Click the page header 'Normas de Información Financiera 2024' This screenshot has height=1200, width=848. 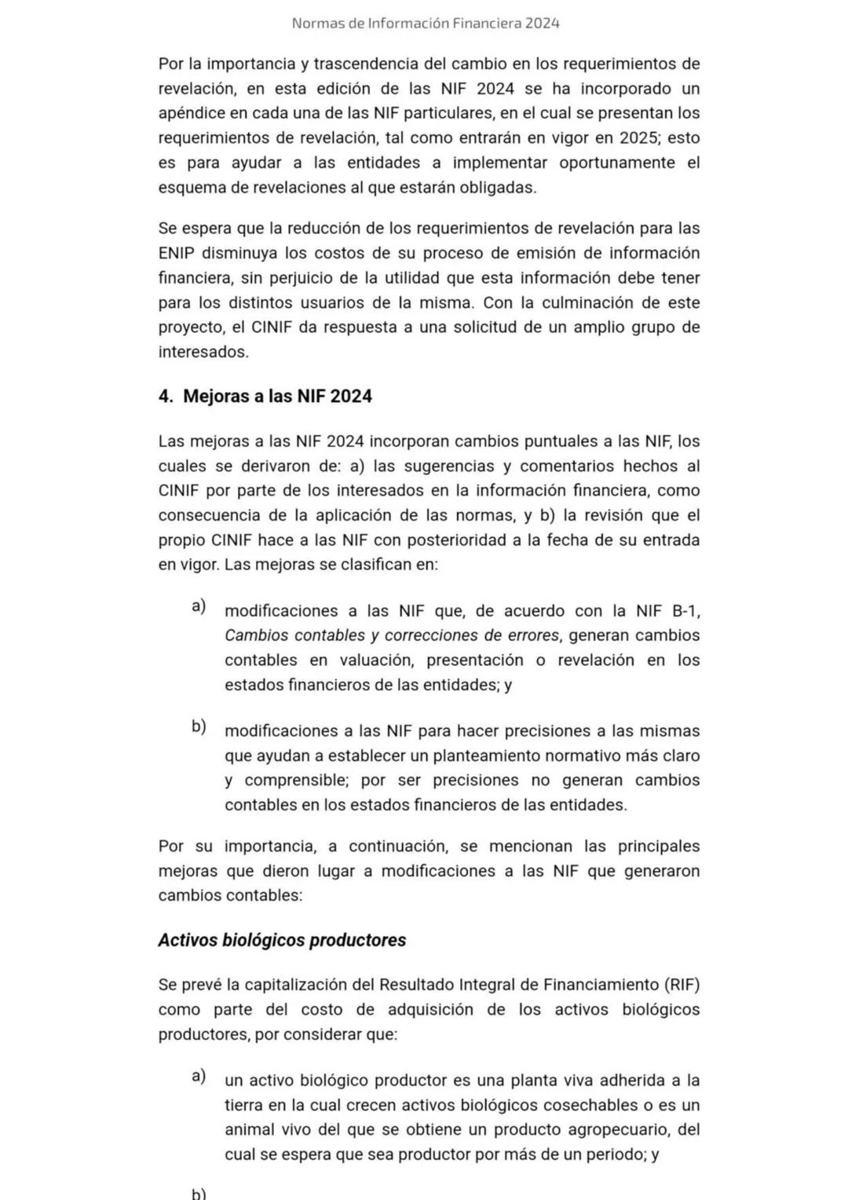pyautogui.click(x=425, y=23)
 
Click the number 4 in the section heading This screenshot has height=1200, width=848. pyautogui.click(x=164, y=396)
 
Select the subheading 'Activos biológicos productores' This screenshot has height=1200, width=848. pyautogui.click(x=282, y=940)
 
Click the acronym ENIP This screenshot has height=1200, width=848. pyautogui.click(x=177, y=253)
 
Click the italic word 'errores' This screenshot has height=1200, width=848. pyautogui.click(x=532, y=635)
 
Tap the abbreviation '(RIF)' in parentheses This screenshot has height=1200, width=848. pyautogui.click(x=681, y=985)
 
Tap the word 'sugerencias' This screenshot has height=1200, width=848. pyautogui.click(x=433, y=466)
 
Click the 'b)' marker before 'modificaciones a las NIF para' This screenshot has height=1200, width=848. pyautogui.click(x=199, y=726)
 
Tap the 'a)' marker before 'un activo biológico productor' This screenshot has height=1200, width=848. pyautogui.click(x=199, y=1076)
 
